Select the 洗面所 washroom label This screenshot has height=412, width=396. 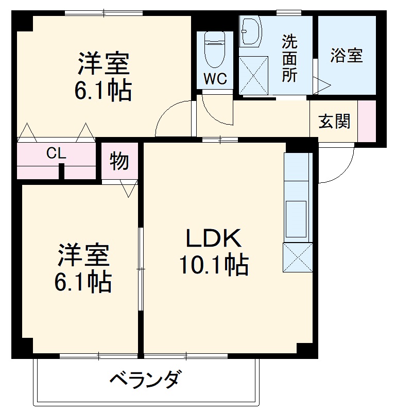pos(289,57)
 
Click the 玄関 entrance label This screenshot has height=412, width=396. pos(334,122)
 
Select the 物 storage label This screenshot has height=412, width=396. pos(119,162)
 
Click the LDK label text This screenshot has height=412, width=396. pos(213,238)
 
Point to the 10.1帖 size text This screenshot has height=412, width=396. pos(213,265)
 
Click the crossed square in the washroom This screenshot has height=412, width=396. pos(253,75)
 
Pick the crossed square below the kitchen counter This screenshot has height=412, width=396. pos(298,257)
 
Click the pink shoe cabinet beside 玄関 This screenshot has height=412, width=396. pos(367,121)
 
